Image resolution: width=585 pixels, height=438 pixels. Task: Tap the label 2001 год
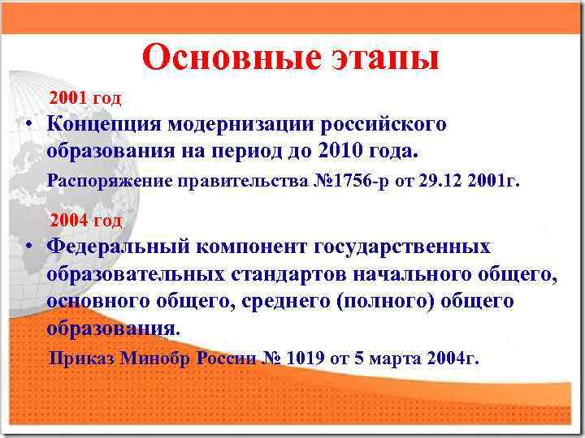tap(85, 99)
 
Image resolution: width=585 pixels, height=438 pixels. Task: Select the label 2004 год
tap(86, 220)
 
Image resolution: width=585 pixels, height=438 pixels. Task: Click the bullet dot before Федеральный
tap(28, 246)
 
